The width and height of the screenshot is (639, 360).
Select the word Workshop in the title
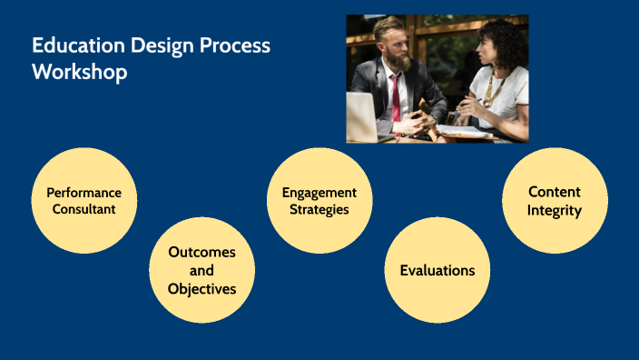pyautogui.click(x=80, y=73)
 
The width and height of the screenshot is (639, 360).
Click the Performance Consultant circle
pyautogui.click(x=84, y=201)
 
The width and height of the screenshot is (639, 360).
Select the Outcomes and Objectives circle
pyautogui.click(x=202, y=270)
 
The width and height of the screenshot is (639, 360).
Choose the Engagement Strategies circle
pyautogui.click(x=319, y=201)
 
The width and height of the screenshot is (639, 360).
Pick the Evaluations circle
pyautogui.click(x=437, y=270)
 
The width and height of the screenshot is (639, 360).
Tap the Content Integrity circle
pyautogui.click(x=555, y=201)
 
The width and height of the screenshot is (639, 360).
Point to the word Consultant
pyautogui.click(x=84, y=210)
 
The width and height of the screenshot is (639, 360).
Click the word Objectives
pyautogui.click(x=202, y=289)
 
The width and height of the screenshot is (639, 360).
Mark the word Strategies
pyautogui.click(x=319, y=210)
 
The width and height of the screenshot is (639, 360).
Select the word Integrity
pyautogui.click(x=555, y=211)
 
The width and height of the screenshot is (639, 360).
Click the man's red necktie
pyautogui.click(x=395, y=96)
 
